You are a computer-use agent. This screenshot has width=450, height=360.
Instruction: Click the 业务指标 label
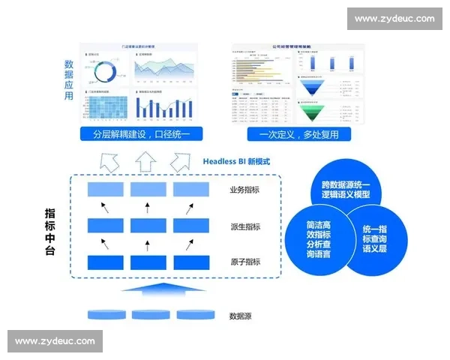click(x=245, y=190)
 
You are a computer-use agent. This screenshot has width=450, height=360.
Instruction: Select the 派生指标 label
click(x=245, y=226)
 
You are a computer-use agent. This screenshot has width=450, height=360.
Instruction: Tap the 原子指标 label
click(x=245, y=262)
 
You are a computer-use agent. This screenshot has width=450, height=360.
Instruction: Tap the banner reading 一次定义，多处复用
click(x=298, y=135)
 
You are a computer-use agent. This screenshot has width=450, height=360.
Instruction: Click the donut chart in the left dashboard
click(x=105, y=71)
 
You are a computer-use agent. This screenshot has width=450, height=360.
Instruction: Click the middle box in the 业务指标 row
click(x=147, y=190)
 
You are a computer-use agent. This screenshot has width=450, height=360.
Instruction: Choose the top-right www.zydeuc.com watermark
click(x=394, y=19)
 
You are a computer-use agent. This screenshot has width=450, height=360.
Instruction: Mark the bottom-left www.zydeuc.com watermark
click(x=56, y=341)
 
